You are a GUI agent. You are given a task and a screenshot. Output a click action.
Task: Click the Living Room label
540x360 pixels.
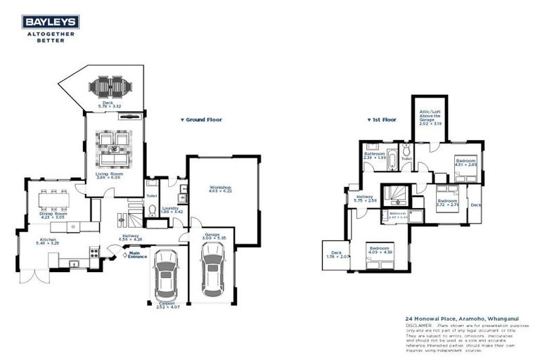tap(109, 174)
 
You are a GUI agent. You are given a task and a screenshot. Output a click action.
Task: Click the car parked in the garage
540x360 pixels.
tap(213, 273)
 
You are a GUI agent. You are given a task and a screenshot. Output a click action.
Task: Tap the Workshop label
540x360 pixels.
tap(221, 189)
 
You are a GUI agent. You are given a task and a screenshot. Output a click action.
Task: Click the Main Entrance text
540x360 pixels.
tap(138, 255)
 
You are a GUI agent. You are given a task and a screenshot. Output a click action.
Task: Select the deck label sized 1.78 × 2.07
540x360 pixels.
tap(333, 255)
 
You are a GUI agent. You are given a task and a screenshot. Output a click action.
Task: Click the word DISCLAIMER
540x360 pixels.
tap(420, 326)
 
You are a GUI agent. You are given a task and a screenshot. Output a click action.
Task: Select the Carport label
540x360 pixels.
tap(166, 305)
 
